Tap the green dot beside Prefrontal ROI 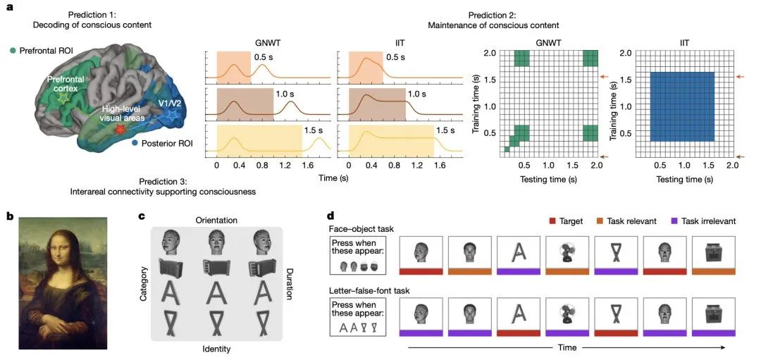13,51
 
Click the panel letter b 10,216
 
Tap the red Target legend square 552,221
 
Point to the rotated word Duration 290,283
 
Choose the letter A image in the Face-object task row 518,252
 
